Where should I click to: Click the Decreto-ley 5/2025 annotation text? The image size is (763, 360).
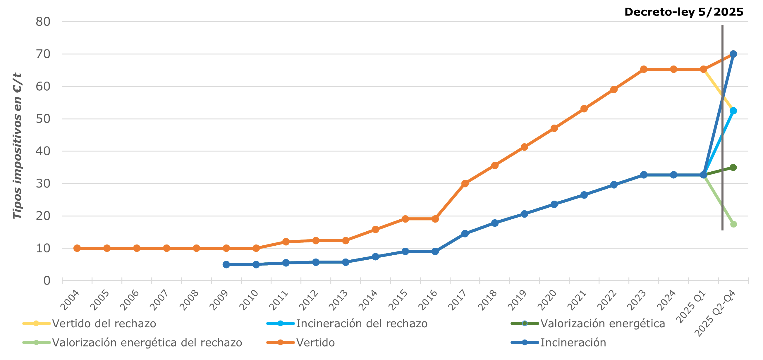[x=684, y=12]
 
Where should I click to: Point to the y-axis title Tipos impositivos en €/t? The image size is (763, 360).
[x=17, y=146]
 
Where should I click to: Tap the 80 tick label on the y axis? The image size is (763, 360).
[x=43, y=22]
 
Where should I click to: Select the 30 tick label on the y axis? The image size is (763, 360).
[x=43, y=184]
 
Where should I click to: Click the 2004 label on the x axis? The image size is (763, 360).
[x=70, y=300]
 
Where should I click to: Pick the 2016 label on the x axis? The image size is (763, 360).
[x=428, y=300]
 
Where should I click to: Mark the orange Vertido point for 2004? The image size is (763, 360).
[x=77, y=248]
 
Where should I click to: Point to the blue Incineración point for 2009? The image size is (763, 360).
[x=226, y=264]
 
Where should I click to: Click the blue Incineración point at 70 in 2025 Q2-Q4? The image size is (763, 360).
[x=733, y=54]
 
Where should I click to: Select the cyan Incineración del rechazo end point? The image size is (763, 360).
[x=733, y=111]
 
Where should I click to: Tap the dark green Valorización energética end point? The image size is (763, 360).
[x=733, y=168]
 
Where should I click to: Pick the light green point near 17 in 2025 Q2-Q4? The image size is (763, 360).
[x=733, y=224]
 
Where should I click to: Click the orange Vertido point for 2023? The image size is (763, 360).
[x=644, y=69]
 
